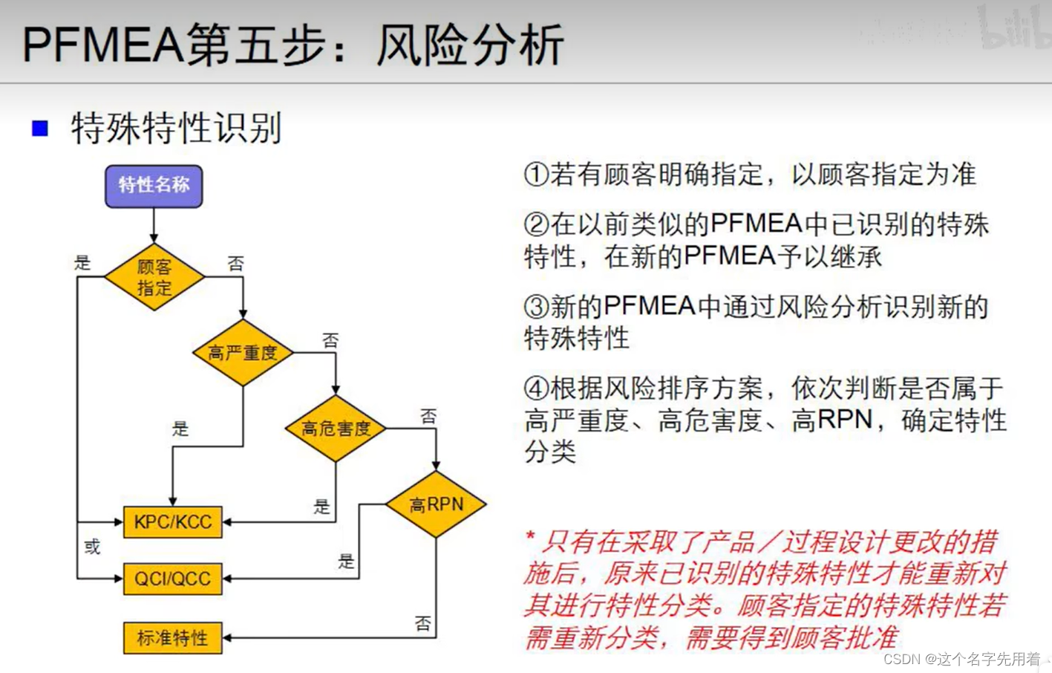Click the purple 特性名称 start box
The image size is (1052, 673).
154,186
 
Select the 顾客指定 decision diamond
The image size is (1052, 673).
154,277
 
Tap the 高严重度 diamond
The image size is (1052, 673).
243,353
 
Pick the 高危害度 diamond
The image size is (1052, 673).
336,429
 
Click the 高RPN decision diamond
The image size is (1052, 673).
436,504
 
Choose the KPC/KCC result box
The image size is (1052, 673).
172,522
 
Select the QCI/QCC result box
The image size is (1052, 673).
172,579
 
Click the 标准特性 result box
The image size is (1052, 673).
172,638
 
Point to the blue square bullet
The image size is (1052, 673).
40,129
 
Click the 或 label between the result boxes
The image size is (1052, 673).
92,547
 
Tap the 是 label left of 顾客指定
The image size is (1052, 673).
82,262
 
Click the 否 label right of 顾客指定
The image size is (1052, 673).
235,264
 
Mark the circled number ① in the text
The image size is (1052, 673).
536,175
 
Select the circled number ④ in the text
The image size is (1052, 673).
536,388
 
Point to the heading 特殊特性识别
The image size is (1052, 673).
176,129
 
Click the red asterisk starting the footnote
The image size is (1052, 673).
530,536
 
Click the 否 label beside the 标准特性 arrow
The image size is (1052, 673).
422,623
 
